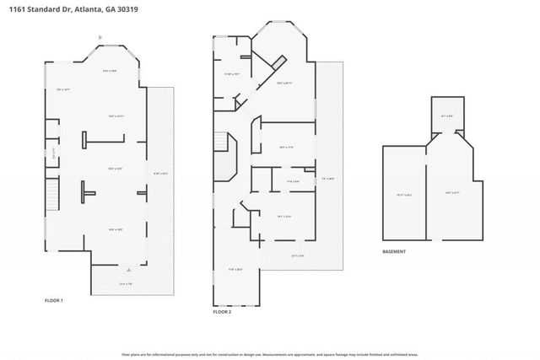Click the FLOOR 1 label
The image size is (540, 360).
coord(54,300)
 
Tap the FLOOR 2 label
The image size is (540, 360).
coord(221,312)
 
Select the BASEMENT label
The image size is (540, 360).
coord(394,251)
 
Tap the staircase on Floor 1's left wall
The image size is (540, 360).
coord(52,200)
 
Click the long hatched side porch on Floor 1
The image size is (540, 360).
coord(160,173)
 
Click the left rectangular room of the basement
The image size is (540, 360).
coord(403,194)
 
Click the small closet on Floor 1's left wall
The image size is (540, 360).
coord(52,154)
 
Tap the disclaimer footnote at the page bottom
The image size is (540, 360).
coord(270,353)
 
